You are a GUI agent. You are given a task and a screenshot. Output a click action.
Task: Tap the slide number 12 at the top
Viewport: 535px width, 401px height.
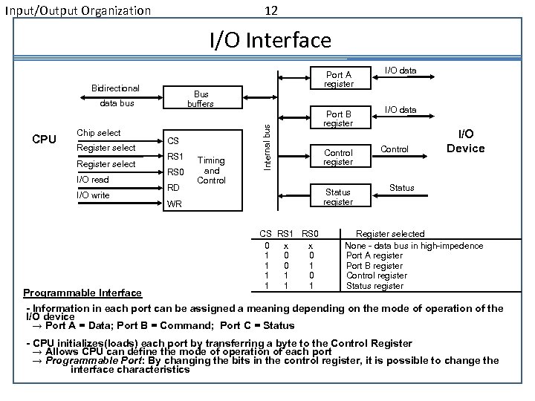[x=271, y=10]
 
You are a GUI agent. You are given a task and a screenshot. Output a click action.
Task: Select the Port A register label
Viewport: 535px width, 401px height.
[x=338, y=79]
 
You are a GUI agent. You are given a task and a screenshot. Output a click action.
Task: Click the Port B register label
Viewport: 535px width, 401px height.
[x=338, y=118]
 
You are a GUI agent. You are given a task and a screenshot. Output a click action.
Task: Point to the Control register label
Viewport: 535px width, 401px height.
[x=338, y=157]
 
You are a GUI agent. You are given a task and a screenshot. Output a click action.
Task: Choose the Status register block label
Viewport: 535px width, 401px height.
[x=338, y=197]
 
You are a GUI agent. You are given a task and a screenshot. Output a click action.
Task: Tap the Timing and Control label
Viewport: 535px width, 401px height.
[x=212, y=170]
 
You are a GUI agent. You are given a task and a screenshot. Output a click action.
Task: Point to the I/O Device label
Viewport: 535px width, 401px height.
[x=466, y=141]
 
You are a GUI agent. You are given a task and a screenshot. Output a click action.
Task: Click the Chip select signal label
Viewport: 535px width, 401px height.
[x=98, y=133]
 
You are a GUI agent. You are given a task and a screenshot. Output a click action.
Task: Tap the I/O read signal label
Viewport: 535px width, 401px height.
[x=92, y=180]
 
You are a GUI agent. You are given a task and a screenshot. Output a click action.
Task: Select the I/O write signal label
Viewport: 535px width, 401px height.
[x=93, y=195]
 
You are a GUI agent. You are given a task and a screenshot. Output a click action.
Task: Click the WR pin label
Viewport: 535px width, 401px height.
[x=174, y=203]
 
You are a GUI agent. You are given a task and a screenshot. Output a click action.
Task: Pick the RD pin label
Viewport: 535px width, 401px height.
[x=173, y=188]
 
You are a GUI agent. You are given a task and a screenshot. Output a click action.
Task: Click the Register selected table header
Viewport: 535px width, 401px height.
[x=391, y=234]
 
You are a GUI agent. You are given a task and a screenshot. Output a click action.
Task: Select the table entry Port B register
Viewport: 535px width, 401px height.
[x=374, y=266]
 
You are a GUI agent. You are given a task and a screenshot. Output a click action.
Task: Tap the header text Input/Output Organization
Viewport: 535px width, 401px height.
[x=77, y=11]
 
